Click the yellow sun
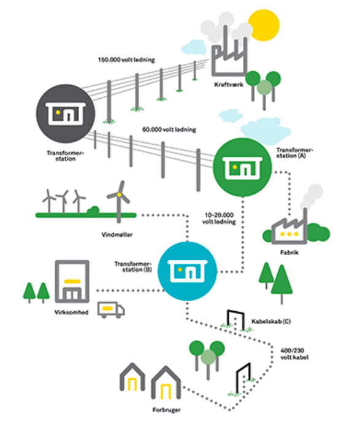[x=264, y=25]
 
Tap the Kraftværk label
[x=229, y=85]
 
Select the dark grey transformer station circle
[x=66, y=114]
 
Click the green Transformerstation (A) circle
[x=242, y=167]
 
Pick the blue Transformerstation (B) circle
[x=187, y=271]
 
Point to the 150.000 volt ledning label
[x=126, y=60]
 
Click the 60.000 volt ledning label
[x=169, y=129]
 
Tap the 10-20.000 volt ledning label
[x=219, y=218]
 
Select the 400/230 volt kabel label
[x=294, y=354]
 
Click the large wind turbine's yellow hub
[x=119, y=195]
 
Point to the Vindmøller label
[x=117, y=235]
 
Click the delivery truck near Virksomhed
[x=111, y=310]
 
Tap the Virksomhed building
[x=72, y=281]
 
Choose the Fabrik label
[x=289, y=253]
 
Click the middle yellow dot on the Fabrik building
[x=289, y=234]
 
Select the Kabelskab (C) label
[x=271, y=322]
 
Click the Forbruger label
[x=166, y=410]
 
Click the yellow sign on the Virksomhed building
[x=72, y=281]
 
